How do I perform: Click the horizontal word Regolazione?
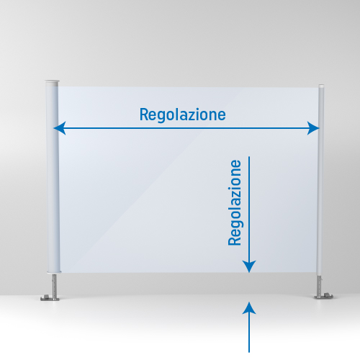coord(183,115)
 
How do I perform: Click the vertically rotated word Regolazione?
coord(235,202)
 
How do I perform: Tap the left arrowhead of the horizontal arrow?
coord(60,128)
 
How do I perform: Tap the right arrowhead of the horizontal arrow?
coord(313,128)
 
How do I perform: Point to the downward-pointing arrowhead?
coord(249,266)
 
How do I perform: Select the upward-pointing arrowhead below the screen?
coord(249,308)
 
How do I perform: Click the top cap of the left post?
coord(52,83)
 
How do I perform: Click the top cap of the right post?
coord(321,86)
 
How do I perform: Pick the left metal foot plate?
coord(50,298)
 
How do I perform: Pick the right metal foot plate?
coord(324,296)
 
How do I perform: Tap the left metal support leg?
coord(55,285)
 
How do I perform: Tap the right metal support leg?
coord(320,285)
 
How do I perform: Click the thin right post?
coord(320,180)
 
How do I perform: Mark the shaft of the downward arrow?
coord(249,209)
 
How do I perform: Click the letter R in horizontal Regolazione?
coord(144,114)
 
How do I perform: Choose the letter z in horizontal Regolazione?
coord(190,116)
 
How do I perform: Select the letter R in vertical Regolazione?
coord(235,241)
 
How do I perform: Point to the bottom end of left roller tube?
coord(54,271)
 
